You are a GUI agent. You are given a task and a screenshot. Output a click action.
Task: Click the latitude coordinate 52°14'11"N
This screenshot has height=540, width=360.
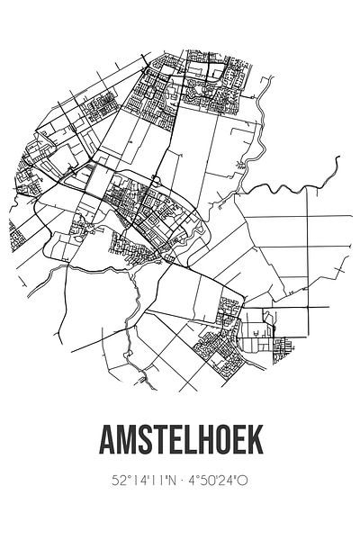tap(134, 481)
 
